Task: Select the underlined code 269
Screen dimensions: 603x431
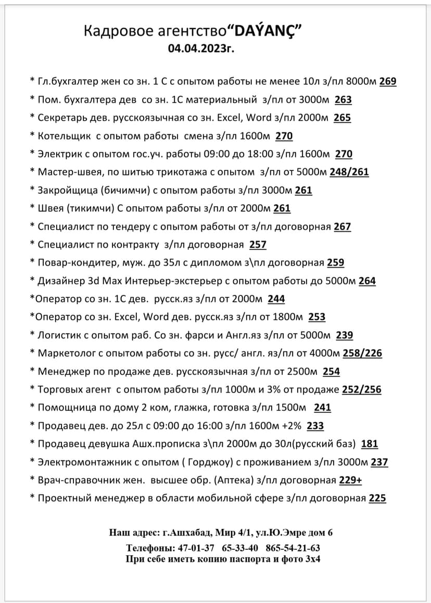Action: pos(388,81)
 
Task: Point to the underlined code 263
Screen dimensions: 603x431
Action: pos(343,99)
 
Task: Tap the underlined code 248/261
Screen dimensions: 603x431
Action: pos(349,172)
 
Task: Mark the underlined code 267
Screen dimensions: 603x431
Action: pos(343,227)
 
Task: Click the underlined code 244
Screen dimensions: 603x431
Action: pos(276,299)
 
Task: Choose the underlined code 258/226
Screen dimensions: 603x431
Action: pos(362,354)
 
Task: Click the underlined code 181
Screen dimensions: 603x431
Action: pos(369,444)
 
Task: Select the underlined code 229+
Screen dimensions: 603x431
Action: pos(350,481)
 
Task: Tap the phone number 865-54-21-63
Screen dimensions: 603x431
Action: pos(293,548)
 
